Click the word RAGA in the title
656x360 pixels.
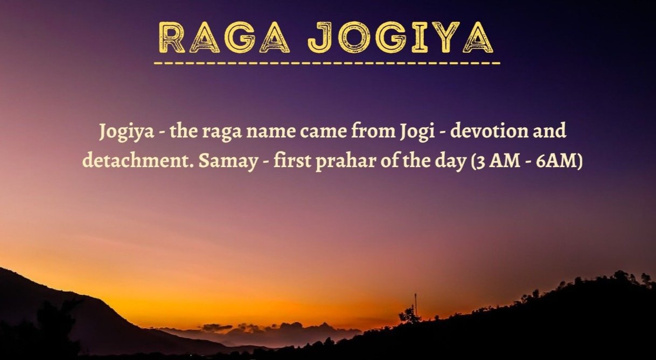point(225,37)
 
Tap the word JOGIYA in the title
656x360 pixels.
point(401,37)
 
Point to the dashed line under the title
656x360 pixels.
point(327,63)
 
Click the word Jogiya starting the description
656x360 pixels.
point(127,132)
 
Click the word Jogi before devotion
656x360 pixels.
point(416,132)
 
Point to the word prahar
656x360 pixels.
point(346,162)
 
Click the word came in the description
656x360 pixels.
point(323,133)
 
